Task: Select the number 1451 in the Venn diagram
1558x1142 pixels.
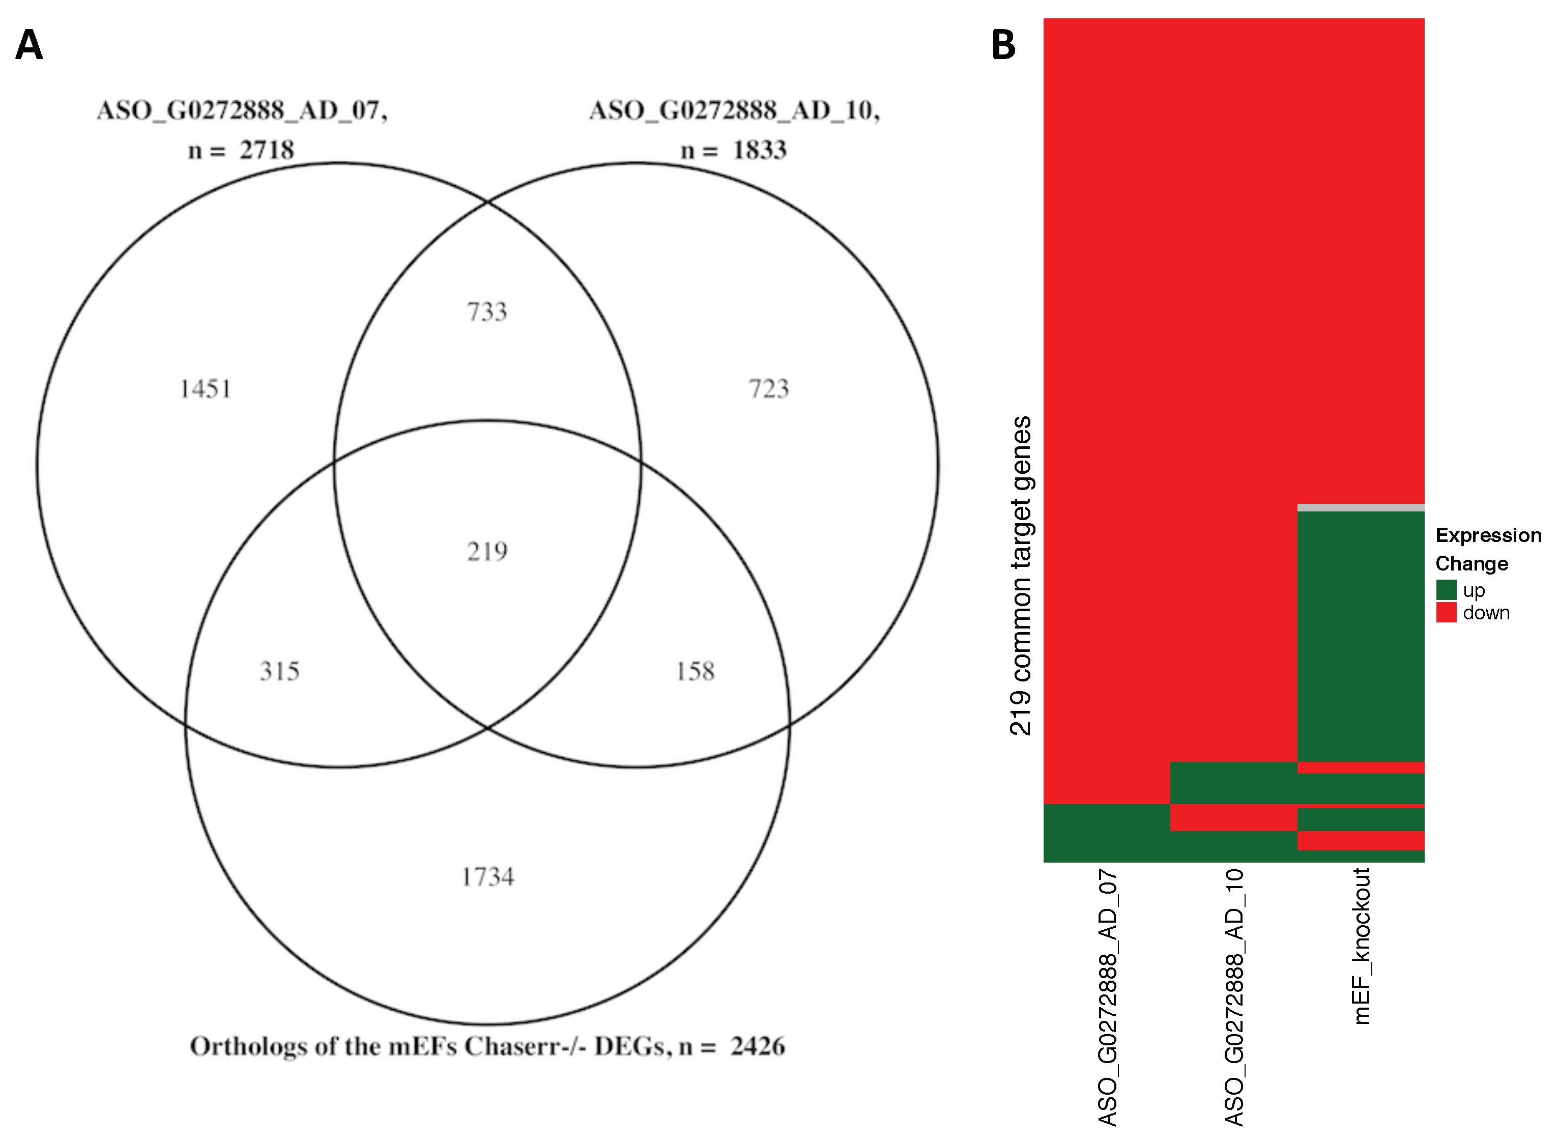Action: tap(205, 389)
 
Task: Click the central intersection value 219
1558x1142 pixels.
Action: tap(487, 552)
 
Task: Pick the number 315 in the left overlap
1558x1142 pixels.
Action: tap(279, 671)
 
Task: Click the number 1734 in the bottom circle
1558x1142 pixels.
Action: tap(487, 877)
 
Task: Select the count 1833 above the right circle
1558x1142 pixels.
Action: tap(760, 150)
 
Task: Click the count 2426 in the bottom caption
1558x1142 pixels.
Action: tap(758, 1047)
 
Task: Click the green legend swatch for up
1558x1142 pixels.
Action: tap(1446, 590)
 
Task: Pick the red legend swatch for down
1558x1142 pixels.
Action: tap(1446, 613)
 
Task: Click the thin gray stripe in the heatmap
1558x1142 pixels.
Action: tap(1360, 508)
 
